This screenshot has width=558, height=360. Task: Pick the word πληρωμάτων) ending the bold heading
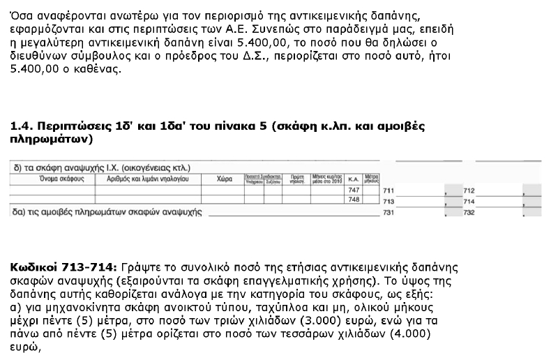51,139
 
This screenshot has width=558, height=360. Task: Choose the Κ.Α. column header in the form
353,179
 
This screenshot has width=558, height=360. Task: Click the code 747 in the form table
353,190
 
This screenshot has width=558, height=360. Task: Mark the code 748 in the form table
353,200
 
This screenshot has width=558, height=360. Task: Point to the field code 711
389,190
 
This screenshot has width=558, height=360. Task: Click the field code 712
469,190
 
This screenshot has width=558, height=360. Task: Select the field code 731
389,212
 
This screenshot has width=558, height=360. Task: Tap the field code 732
469,212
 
